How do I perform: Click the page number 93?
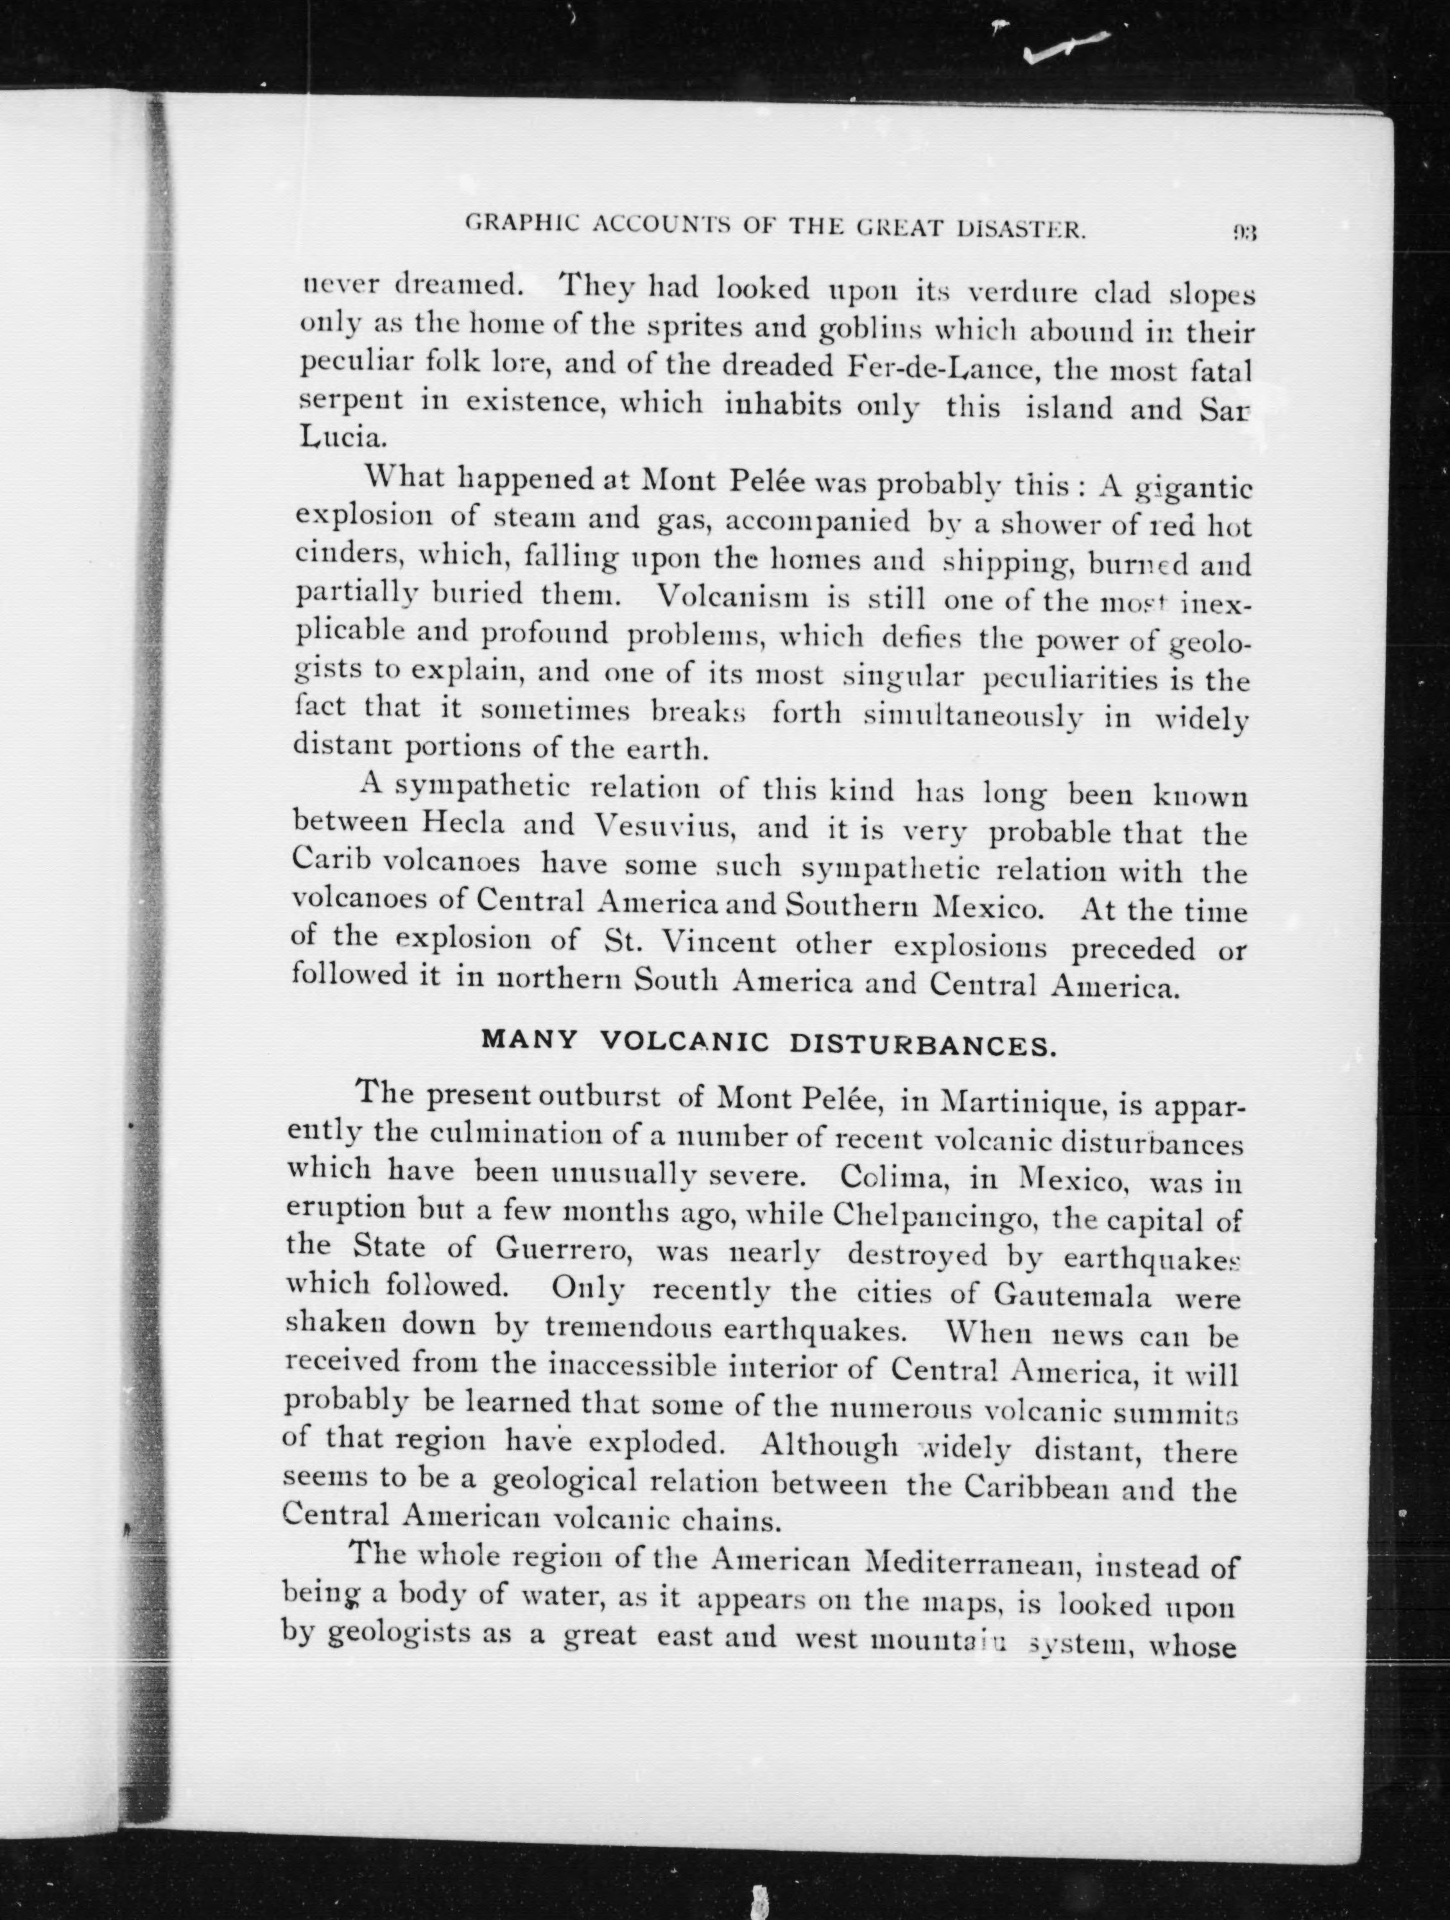[x=1243, y=233]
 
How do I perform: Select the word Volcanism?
[x=733, y=597]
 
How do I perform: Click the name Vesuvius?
[x=665, y=826]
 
